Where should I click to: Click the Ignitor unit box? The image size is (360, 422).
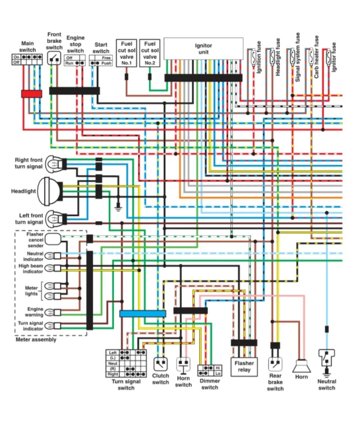pyautogui.click(x=203, y=49)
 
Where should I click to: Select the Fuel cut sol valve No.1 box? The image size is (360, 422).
pyautogui.click(x=126, y=53)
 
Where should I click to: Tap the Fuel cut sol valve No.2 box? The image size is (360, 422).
pyautogui.click(x=150, y=53)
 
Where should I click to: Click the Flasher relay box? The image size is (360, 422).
pyautogui.click(x=244, y=367)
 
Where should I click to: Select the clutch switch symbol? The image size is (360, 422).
pyautogui.click(x=160, y=364)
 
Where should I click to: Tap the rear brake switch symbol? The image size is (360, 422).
pyautogui.click(x=275, y=364)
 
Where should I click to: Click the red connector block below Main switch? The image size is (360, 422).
pyautogui.click(x=32, y=94)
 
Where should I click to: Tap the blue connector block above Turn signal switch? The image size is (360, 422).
pyautogui.click(x=143, y=313)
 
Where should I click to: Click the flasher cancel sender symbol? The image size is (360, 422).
pyautogui.click(x=53, y=239)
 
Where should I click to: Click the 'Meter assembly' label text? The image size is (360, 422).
pyautogui.click(x=36, y=340)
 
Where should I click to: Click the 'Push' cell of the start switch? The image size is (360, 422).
pyautogui.click(x=106, y=63)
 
